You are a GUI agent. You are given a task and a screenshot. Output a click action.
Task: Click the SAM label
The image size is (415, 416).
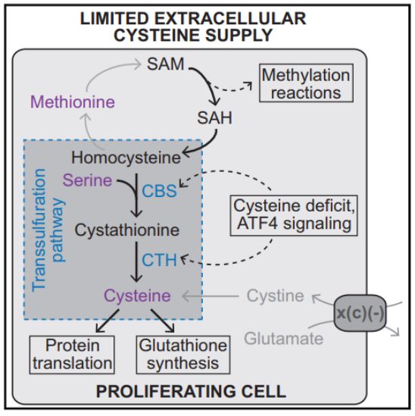click(x=165, y=64)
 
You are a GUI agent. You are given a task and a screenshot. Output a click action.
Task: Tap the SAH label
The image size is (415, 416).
click(x=215, y=117)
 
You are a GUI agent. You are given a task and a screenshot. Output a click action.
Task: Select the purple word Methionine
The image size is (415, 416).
click(x=73, y=102)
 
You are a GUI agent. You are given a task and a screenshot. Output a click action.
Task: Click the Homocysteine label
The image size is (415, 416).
click(x=126, y=158)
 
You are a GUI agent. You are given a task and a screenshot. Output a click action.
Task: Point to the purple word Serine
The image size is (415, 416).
click(x=88, y=180)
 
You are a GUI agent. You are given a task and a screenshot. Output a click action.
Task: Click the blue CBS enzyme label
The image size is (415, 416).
click(x=159, y=191)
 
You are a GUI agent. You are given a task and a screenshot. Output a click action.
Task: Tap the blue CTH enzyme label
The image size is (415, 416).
click(x=159, y=260)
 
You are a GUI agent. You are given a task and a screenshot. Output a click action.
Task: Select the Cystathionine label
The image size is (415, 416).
click(x=127, y=230)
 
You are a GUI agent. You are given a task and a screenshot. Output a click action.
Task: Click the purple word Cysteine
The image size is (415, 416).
click(x=137, y=296)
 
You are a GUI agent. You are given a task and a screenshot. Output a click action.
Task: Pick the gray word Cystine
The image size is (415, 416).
click(x=275, y=296)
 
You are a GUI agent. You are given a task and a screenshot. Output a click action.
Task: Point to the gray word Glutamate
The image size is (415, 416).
click(x=284, y=339)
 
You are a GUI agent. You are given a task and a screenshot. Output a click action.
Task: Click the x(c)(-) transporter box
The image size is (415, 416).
click(x=359, y=314)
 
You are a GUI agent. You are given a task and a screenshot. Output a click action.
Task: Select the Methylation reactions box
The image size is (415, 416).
click(x=306, y=83)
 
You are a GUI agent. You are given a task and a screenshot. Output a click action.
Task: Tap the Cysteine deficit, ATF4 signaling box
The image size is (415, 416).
click(x=294, y=216)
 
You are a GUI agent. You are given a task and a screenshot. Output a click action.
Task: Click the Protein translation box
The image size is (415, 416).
click(x=72, y=355)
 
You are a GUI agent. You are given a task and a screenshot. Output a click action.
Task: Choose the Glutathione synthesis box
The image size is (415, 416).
click(x=183, y=355)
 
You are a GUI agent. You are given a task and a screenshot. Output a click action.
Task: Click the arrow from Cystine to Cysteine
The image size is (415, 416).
click(x=211, y=296)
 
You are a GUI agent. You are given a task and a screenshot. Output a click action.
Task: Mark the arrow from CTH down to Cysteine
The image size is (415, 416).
click(x=136, y=262)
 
